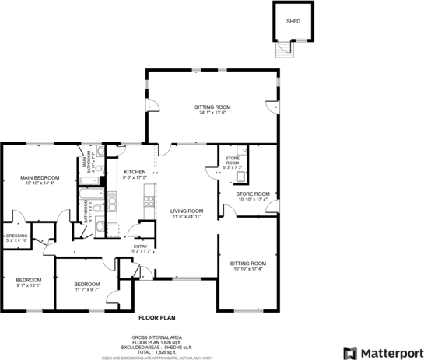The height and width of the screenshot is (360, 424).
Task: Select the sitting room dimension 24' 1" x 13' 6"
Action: point(212,113)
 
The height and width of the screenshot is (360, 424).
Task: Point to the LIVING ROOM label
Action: point(187,211)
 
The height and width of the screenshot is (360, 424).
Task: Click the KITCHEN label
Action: point(135,172)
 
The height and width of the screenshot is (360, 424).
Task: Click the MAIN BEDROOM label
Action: point(40,178)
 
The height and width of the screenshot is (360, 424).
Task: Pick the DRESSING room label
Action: point(16,236)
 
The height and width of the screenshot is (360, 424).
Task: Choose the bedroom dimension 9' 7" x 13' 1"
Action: point(29,285)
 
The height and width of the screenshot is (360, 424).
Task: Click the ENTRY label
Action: point(141,247)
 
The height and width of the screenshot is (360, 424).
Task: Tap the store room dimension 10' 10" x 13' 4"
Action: point(253,199)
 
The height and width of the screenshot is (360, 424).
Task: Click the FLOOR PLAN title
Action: point(159,318)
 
